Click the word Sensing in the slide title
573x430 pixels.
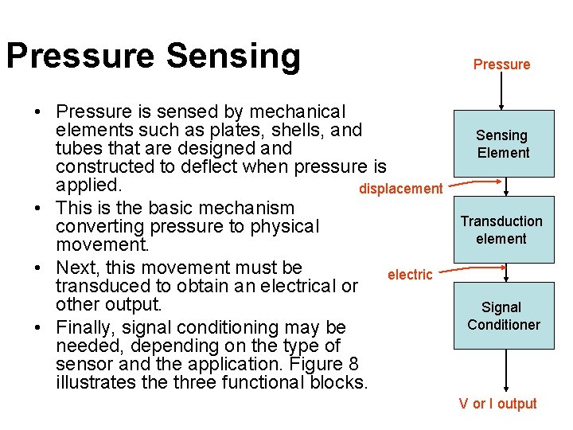point(234,56)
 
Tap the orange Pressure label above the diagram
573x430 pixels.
point(501,64)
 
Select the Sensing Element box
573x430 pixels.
point(503,143)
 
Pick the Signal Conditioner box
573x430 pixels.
point(503,315)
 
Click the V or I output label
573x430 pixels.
point(497,404)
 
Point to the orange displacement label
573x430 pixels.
point(400,189)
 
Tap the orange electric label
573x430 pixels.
point(410,275)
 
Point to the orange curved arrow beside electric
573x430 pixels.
point(470,271)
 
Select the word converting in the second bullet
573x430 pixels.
point(99,227)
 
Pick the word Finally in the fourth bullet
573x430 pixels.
point(86,327)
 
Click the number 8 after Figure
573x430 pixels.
point(353,364)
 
